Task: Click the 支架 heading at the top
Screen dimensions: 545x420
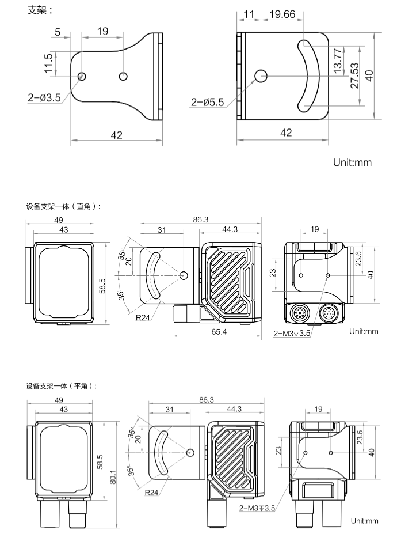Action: (x=40, y=11)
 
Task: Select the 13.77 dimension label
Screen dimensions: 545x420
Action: (x=338, y=59)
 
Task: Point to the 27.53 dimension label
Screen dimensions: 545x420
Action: (x=354, y=75)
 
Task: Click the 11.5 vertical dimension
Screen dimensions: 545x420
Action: (x=48, y=63)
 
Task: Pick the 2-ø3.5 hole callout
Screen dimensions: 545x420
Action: (x=44, y=98)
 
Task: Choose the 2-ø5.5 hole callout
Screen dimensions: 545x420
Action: (x=208, y=103)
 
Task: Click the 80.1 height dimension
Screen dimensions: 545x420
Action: (x=113, y=477)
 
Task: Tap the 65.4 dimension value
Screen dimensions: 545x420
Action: (x=219, y=332)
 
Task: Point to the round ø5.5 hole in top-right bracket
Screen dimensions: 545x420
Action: (x=261, y=75)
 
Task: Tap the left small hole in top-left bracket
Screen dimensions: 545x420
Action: (x=82, y=76)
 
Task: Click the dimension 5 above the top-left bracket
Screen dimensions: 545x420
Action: (x=58, y=32)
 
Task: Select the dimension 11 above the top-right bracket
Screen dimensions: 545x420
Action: (x=249, y=14)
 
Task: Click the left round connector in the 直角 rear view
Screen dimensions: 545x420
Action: (x=301, y=315)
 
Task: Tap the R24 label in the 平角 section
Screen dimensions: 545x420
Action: (x=152, y=493)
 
